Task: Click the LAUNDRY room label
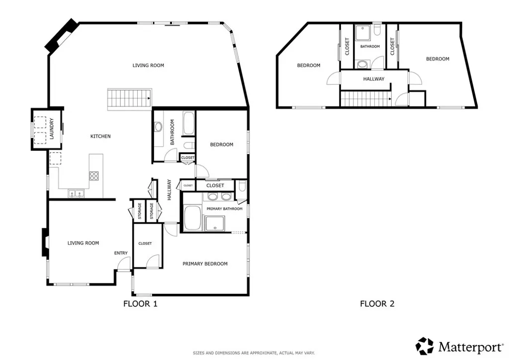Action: pyautogui.click(x=52, y=129)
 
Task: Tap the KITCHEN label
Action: pyautogui.click(x=100, y=136)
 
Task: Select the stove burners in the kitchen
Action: pyautogui.click(x=94, y=176)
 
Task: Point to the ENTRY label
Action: pyautogui.click(x=121, y=253)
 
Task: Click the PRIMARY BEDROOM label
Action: pyautogui.click(x=205, y=264)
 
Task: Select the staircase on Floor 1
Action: pyautogui.click(x=130, y=98)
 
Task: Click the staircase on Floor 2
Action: pyautogui.click(x=365, y=98)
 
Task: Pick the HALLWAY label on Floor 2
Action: pyautogui.click(x=373, y=79)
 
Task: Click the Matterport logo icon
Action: pyautogui.click(x=425, y=346)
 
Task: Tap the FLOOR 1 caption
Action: pyautogui.click(x=140, y=303)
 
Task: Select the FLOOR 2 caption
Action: pyautogui.click(x=377, y=303)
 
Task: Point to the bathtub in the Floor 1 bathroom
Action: pyautogui.click(x=189, y=124)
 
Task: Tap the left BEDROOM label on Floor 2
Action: pyautogui.click(x=309, y=65)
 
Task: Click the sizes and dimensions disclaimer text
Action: pyautogui.click(x=254, y=353)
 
